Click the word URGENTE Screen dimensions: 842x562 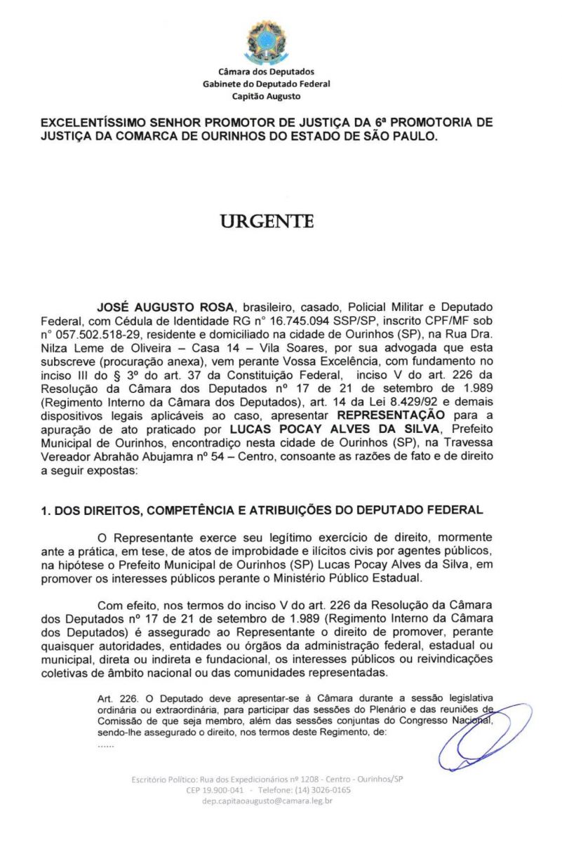(x=267, y=222)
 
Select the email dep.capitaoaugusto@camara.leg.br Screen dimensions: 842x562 (x=267, y=801)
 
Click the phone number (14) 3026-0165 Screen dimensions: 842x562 (x=322, y=789)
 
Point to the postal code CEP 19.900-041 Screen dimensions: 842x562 (x=215, y=789)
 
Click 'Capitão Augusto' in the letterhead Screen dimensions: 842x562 (x=266, y=96)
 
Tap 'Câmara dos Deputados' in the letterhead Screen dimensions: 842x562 (x=267, y=72)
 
